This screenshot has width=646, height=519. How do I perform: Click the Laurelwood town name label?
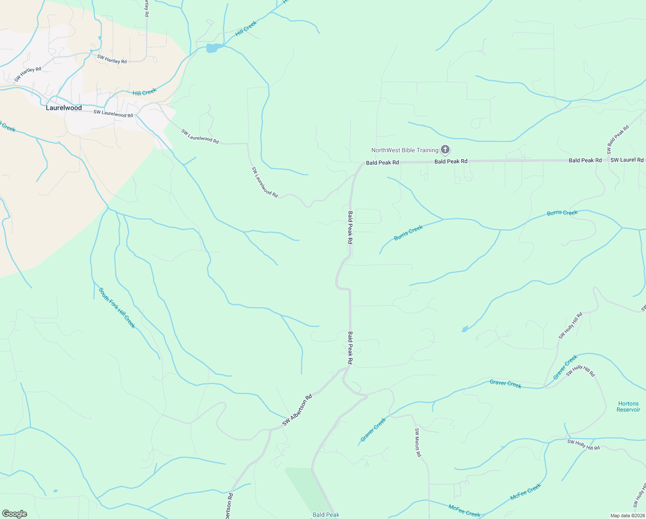[x=64, y=108]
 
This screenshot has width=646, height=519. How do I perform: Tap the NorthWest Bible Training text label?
[x=405, y=150]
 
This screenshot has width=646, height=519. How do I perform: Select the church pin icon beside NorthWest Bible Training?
[x=445, y=150]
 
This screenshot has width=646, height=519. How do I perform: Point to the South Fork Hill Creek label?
[x=117, y=308]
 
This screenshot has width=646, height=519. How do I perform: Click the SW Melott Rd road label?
[x=418, y=442]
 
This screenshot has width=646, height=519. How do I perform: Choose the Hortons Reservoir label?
[x=628, y=407]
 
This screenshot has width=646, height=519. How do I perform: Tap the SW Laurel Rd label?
[x=627, y=160]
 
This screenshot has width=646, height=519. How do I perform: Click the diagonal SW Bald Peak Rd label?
[x=618, y=140]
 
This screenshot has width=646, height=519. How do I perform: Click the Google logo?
[x=15, y=514]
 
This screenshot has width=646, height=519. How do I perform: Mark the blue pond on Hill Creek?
[x=212, y=48]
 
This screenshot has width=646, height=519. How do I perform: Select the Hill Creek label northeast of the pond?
[x=246, y=29]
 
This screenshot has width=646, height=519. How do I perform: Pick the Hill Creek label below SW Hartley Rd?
[x=144, y=93]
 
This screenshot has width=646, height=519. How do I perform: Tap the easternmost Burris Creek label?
[x=562, y=213]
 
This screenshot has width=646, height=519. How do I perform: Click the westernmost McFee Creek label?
[x=464, y=511]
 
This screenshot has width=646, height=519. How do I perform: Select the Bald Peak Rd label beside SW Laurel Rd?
[x=585, y=160]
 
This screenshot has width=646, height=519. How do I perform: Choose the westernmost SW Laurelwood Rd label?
[x=113, y=114]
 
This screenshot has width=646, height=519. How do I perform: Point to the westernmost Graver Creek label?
[x=374, y=429]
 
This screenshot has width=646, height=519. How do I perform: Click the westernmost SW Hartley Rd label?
[x=28, y=74]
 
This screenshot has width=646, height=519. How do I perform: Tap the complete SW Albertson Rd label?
[x=297, y=410]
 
